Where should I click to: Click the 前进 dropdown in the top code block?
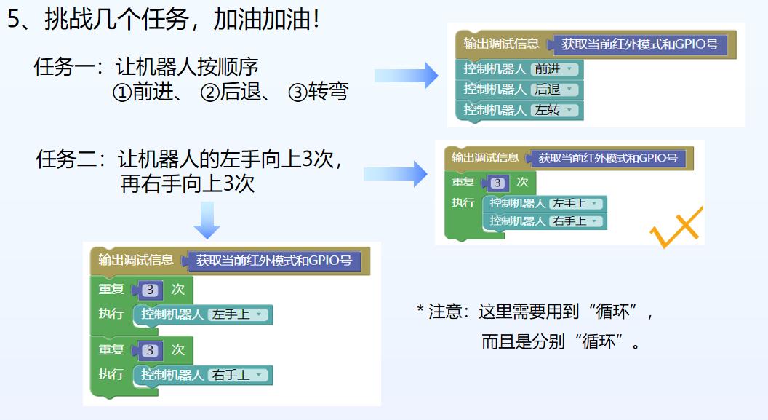[x=554, y=69]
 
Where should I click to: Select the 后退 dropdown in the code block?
[x=554, y=90]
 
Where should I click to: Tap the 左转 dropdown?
[x=554, y=110]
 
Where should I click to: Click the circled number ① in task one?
[x=121, y=92]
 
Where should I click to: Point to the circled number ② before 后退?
[x=209, y=92]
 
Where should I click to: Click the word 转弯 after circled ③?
[x=328, y=92]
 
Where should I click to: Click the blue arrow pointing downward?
[x=207, y=221]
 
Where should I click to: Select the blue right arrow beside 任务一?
[x=407, y=76]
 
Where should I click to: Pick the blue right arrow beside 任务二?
[x=396, y=173]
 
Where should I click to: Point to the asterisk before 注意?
[x=420, y=310]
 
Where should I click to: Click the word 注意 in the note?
[x=445, y=312]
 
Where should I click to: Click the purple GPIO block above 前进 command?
[x=640, y=44]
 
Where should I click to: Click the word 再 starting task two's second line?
[x=130, y=183]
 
